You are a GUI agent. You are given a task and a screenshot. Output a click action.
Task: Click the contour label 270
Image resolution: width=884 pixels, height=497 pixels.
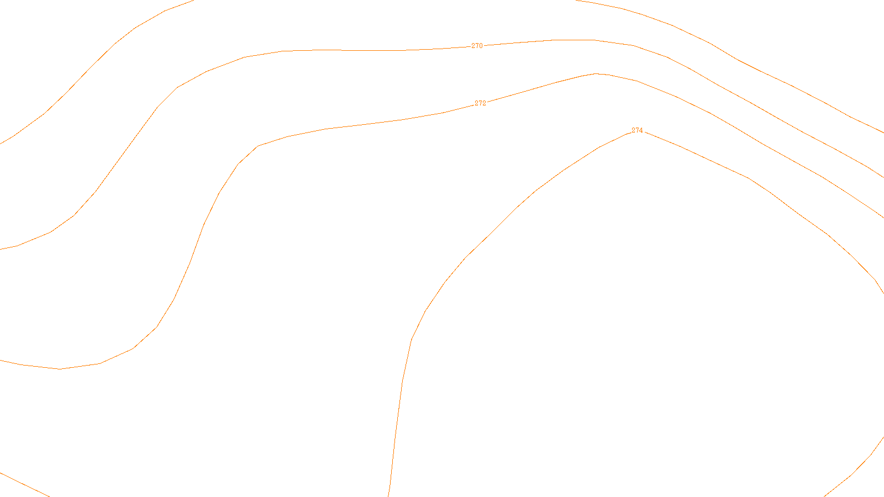click(477, 46)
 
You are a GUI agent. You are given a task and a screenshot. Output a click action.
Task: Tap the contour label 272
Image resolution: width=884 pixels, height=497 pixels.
click(480, 103)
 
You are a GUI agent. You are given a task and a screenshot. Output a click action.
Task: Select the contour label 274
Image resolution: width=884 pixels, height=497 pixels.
click(637, 131)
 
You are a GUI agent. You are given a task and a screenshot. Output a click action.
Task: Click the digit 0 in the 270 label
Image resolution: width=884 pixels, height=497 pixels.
click(481, 46)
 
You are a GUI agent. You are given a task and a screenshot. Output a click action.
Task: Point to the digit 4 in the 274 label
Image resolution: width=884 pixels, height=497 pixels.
click(641, 131)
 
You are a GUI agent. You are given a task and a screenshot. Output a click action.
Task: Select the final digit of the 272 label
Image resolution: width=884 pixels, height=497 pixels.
click(484, 103)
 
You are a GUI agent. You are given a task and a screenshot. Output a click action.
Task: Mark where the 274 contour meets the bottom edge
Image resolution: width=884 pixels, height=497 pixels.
click(389, 495)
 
